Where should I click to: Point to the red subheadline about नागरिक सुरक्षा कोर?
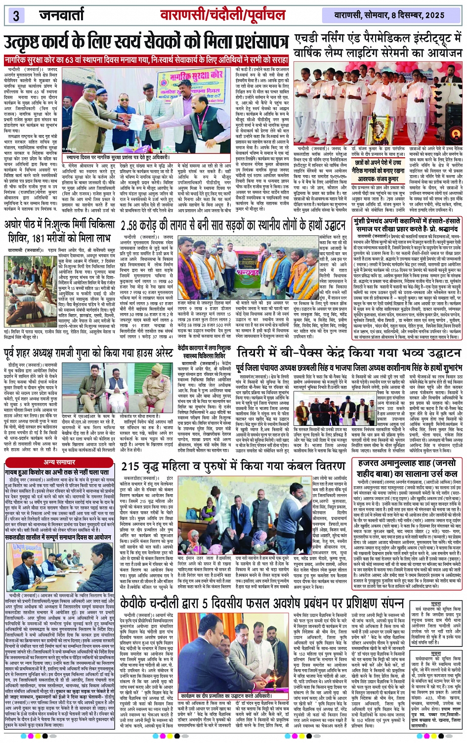tap(146, 59)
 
